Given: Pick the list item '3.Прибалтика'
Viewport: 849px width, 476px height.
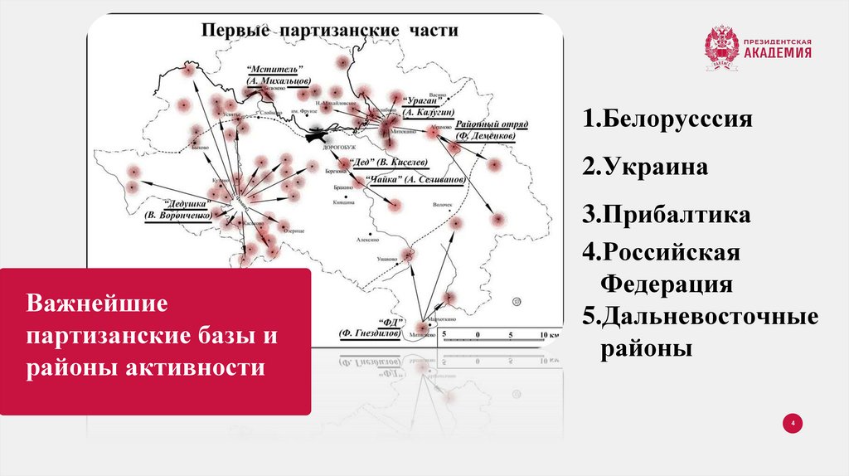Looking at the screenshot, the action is tap(666, 215).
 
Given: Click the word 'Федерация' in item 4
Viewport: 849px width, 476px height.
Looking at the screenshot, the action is tap(666, 284).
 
